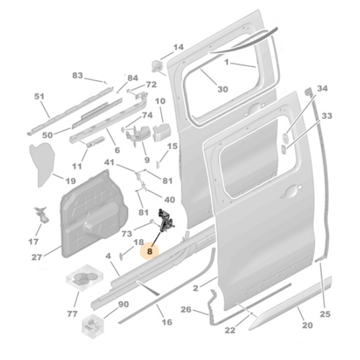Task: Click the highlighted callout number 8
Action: [x=149, y=252]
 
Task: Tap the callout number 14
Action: [x=178, y=48]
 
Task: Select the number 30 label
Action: [x=222, y=89]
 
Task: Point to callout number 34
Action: [x=322, y=88]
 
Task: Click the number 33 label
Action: [x=326, y=115]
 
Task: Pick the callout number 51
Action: [x=40, y=96]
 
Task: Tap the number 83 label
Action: [x=78, y=75]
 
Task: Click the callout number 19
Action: [x=71, y=181]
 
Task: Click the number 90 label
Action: [x=123, y=305]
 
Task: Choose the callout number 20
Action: [x=307, y=325]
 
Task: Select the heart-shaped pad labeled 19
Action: [x=44, y=160]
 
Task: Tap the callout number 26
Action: [x=185, y=310]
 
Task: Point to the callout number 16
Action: [x=166, y=322]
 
